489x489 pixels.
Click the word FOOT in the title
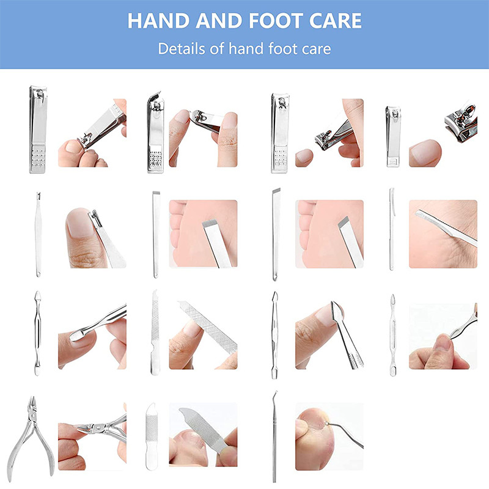pyautogui.click(x=276, y=21)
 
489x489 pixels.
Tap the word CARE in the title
pyautogui.click(x=335, y=21)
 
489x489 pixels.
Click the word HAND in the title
pyautogui.click(x=158, y=21)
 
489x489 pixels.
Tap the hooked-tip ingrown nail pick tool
pyautogui.click(x=274, y=436)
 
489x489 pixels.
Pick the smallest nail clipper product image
pyautogui.click(x=393, y=136)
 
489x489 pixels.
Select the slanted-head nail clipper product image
pyautogui.click(x=155, y=133)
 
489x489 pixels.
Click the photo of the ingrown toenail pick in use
pyautogui.click(x=329, y=436)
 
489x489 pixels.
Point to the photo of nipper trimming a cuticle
pyautogui.click(x=92, y=436)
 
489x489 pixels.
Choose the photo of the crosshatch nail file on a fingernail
pyautogui.click(x=203, y=335)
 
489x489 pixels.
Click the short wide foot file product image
pyautogui.click(x=152, y=436)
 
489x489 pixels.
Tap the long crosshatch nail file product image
pyautogui.click(x=155, y=333)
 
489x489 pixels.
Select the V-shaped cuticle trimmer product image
pyautogui.click(x=38, y=235)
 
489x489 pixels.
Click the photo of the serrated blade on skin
pyautogui.click(x=443, y=234)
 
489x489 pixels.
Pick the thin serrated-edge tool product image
pyautogui.click(x=392, y=229)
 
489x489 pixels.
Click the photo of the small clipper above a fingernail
pyautogui.click(x=443, y=133)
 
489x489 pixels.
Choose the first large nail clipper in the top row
pyautogui.click(x=38, y=130)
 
